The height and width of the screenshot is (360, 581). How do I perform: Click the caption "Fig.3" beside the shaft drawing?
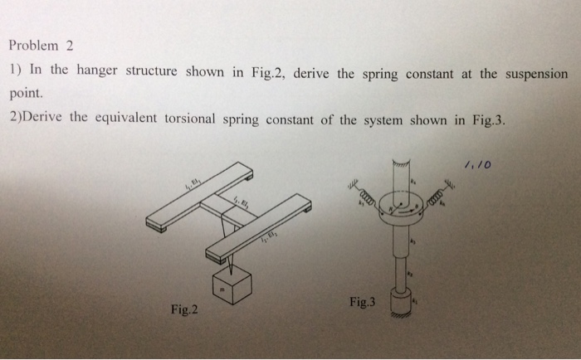(x=363, y=303)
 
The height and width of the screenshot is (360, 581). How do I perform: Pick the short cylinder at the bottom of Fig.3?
(x=403, y=302)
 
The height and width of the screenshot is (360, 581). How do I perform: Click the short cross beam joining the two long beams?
(x=229, y=211)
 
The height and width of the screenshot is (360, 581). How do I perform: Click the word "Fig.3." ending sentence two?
(x=487, y=119)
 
